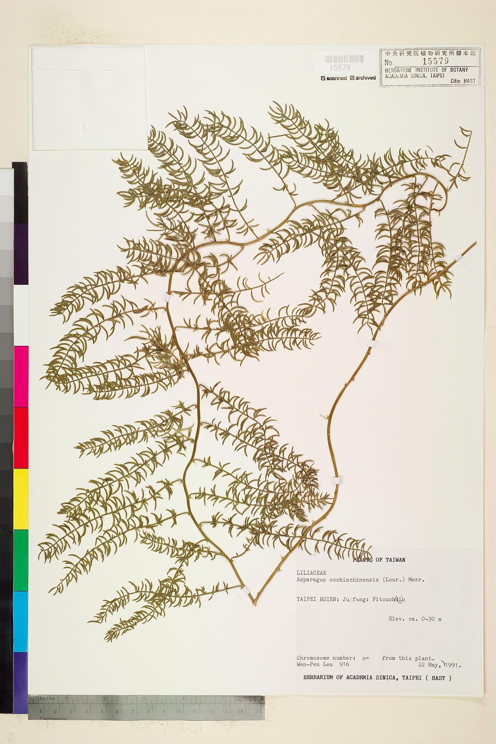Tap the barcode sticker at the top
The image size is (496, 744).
[343, 59]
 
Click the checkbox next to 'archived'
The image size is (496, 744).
[352, 78]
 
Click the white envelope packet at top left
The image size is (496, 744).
[89, 99]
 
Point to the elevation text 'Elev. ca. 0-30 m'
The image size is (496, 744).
[415, 619]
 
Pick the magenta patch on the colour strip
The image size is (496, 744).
[21, 376]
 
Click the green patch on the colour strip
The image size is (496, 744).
[21, 559]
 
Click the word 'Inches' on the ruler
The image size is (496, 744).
[47, 698]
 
